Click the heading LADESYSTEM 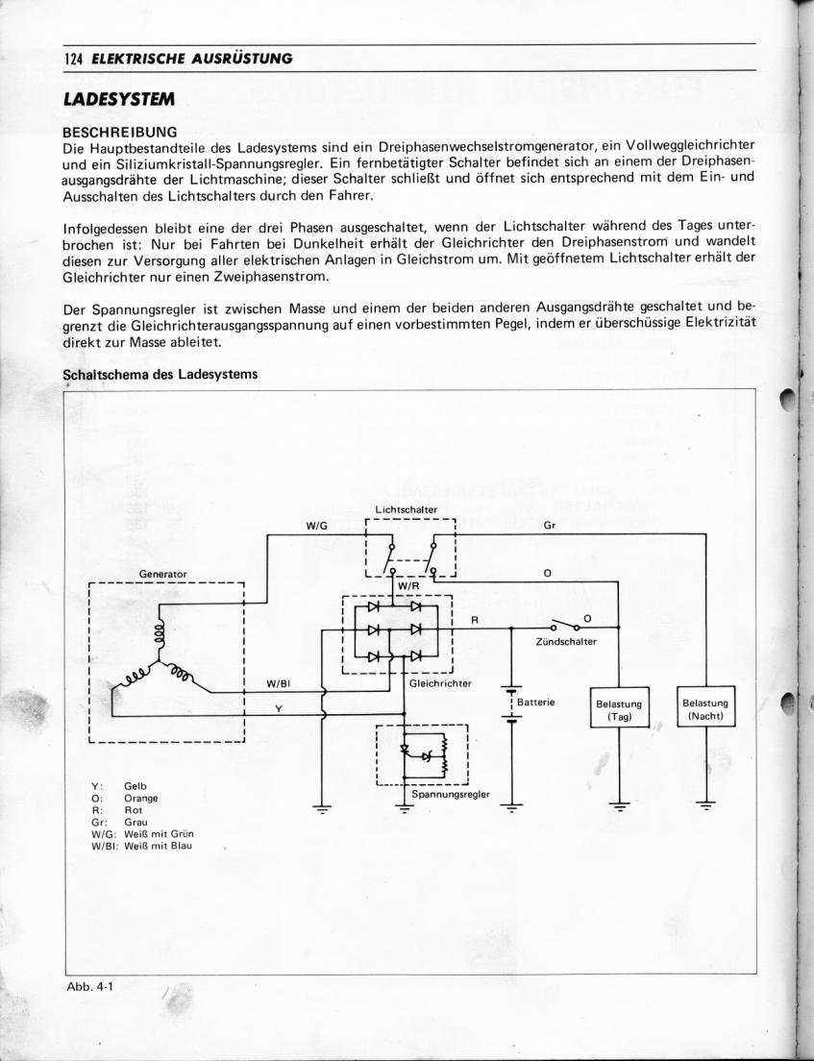click(x=119, y=99)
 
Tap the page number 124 click(x=72, y=58)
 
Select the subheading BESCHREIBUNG click(x=119, y=130)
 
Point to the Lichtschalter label click(x=407, y=509)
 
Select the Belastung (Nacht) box click(x=706, y=709)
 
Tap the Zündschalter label click(x=566, y=641)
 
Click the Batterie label click(x=536, y=703)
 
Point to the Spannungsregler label click(x=450, y=794)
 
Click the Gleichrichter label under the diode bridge click(x=440, y=683)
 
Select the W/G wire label click(x=317, y=526)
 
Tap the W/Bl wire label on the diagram click(x=278, y=684)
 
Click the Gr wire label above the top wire click(x=549, y=526)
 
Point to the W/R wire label click(x=408, y=585)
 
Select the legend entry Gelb click(x=136, y=786)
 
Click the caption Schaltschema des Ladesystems click(x=160, y=374)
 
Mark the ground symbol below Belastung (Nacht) click(x=706, y=805)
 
